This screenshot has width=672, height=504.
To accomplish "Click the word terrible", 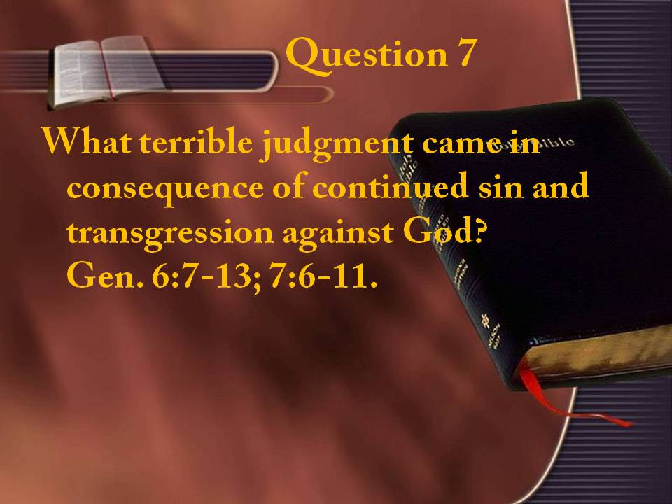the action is click(196, 141).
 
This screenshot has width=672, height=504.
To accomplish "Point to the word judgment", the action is click(337, 144).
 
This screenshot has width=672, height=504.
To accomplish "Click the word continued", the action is click(390, 186).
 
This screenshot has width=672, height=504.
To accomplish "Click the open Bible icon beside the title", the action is click(106, 71).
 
